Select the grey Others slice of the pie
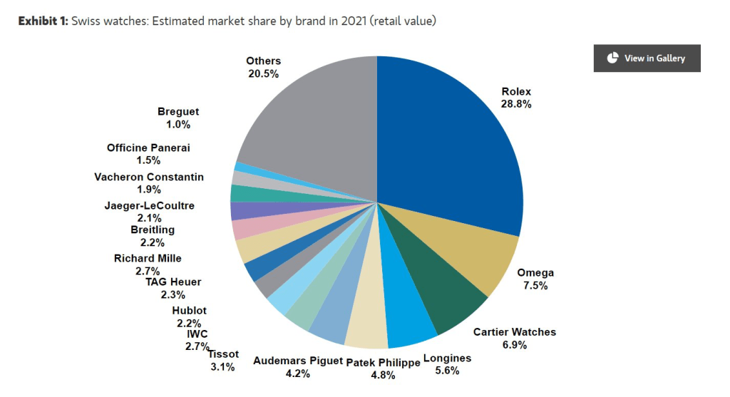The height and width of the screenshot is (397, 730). [314, 121]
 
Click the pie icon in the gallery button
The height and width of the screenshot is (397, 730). [612, 58]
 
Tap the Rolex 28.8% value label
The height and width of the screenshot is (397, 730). [516, 103]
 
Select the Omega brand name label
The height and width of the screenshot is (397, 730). [535, 273]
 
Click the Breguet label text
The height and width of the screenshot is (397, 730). [178, 112]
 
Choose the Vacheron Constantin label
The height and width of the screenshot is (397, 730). [148, 177]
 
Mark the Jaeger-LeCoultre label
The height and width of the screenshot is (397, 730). [149, 206]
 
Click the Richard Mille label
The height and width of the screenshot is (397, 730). [148, 258]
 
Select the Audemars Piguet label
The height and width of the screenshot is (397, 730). [297, 361]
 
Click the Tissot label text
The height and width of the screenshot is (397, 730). [223, 354]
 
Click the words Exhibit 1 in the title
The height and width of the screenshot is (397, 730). [43, 21]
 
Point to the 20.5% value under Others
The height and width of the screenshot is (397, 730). [264, 73]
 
